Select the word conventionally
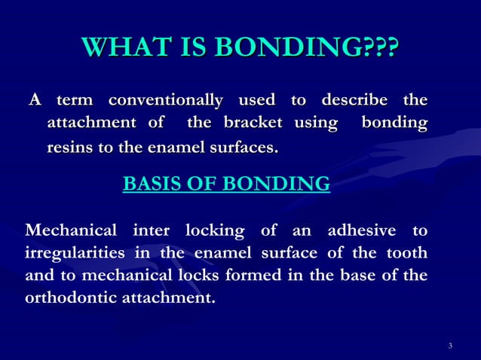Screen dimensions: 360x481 pos(165,100)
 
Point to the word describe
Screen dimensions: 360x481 pos(355,100)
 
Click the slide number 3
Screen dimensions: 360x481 pos(449,346)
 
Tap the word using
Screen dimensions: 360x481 pos(315,123)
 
